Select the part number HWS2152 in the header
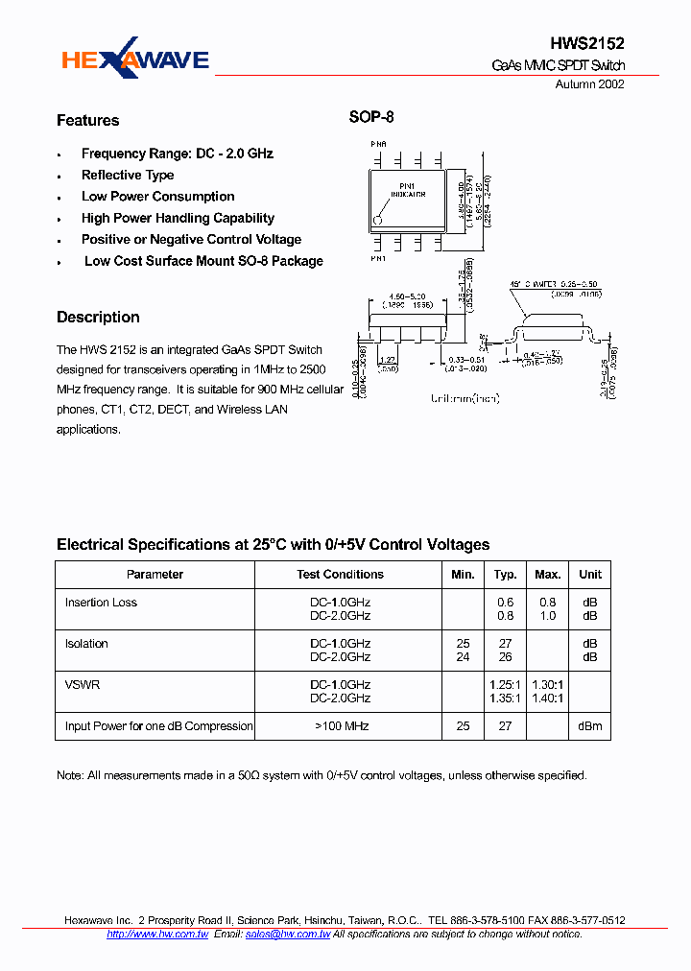(x=587, y=44)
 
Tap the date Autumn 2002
(x=590, y=84)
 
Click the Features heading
(x=88, y=121)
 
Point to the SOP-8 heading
(x=370, y=118)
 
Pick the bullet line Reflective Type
(x=128, y=176)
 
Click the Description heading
(x=98, y=318)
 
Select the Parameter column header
(x=155, y=575)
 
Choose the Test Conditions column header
(x=340, y=575)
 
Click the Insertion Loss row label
(x=101, y=603)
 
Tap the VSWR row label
(x=83, y=685)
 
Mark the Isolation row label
(x=86, y=644)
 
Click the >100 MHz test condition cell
(x=340, y=726)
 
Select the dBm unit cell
(x=590, y=726)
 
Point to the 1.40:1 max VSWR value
(x=547, y=699)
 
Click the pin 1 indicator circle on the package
(x=378, y=220)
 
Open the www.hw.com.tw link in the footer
(x=170, y=934)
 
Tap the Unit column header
(x=590, y=575)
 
